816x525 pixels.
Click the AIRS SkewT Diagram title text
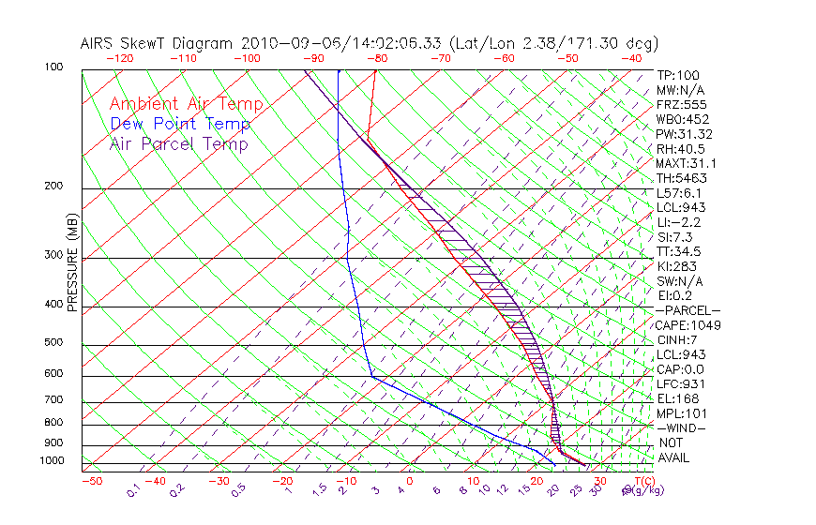(369, 43)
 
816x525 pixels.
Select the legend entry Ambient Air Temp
(186, 104)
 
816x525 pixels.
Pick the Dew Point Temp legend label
(180, 124)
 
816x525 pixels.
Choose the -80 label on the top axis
(377, 58)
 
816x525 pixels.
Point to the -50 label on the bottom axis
(91, 481)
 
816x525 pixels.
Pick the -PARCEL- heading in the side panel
(688, 310)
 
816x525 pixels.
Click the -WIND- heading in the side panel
(681, 427)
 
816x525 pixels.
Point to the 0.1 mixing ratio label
(133, 490)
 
